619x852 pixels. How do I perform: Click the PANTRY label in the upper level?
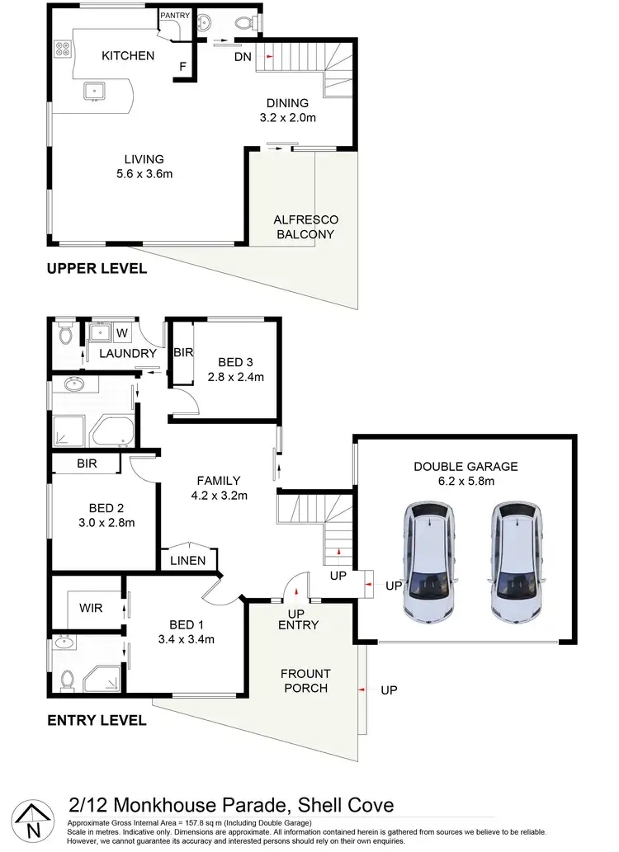click(174, 16)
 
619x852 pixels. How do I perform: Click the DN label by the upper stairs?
click(243, 57)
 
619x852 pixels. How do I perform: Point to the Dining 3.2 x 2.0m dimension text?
click(286, 111)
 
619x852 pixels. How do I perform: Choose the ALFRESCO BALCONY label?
click(306, 227)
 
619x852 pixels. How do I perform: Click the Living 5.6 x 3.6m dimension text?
click(144, 167)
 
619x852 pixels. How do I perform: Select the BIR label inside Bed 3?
click(183, 353)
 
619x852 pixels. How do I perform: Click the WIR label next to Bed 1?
click(90, 608)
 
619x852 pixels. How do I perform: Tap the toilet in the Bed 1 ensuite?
click(67, 680)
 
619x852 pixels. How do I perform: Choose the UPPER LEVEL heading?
click(97, 268)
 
